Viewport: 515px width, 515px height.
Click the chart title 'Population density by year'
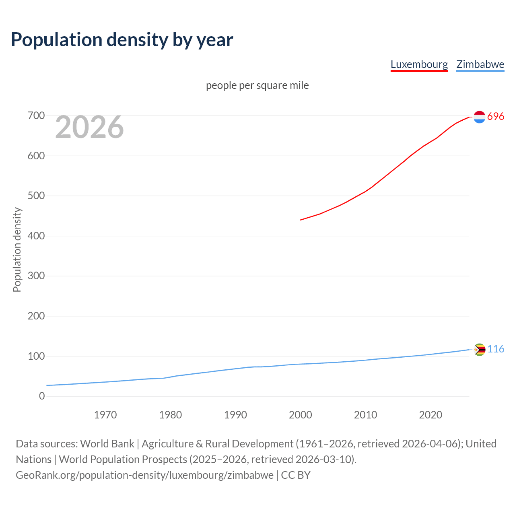coord(122,39)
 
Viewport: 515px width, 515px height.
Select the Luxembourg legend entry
coord(419,64)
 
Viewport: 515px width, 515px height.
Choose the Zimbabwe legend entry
coord(480,64)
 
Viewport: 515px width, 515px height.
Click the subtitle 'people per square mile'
coord(257,85)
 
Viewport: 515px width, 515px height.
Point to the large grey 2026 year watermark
coord(89,127)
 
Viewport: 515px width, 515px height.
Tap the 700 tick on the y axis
coord(36,116)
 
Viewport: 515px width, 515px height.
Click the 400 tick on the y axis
coord(36,236)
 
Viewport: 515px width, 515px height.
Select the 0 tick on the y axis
coord(42,396)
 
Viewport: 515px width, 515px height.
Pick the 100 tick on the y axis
coord(36,356)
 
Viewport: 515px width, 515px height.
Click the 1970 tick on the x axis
coord(105,415)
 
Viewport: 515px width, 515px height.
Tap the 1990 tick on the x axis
coord(235,415)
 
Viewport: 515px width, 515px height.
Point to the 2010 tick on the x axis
coord(365,415)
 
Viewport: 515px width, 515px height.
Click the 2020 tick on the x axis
coord(431,415)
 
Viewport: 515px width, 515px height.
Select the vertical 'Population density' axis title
coord(17,249)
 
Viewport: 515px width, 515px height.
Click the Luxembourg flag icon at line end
coord(479,117)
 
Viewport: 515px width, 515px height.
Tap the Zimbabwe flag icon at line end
coord(480,350)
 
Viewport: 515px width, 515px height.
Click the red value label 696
coord(496,117)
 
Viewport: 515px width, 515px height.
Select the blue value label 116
coord(496,349)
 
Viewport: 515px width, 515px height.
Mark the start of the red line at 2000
coord(301,220)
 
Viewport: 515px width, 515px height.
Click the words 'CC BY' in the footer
coord(296,475)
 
